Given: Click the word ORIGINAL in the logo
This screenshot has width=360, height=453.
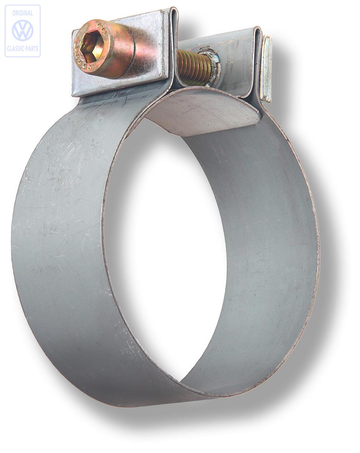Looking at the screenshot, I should click(x=23, y=13).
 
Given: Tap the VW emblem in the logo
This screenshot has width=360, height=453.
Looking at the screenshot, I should click(x=23, y=31).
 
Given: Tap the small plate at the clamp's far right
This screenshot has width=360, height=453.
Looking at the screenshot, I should click(x=266, y=68).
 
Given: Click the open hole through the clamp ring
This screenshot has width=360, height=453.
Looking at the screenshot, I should click(x=166, y=245).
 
